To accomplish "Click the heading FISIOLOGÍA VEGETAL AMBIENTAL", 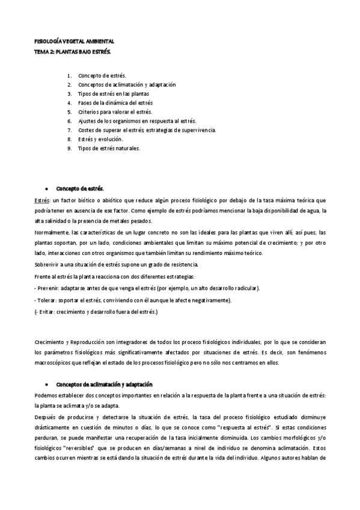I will (x=73, y=41).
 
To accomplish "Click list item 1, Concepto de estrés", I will (x=102, y=76).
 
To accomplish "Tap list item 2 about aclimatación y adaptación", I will (x=126, y=85).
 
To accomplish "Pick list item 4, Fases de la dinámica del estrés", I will (x=115, y=103).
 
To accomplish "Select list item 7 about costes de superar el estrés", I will (x=147, y=130).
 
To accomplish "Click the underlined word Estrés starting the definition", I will (x=43, y=199).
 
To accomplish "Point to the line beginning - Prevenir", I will (x=147, y=289).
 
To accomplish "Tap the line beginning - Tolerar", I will (x=132, y=300).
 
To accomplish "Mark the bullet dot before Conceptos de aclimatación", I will (x=47, y=384).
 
